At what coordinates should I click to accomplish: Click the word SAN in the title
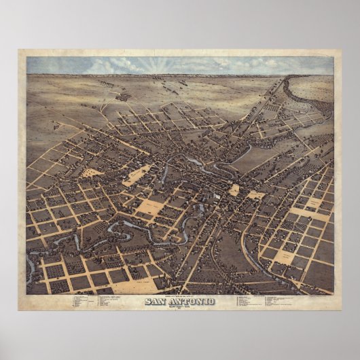(158, 282)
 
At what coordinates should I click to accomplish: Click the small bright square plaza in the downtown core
(234, 190)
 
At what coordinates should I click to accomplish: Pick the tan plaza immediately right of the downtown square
(255, 196)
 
